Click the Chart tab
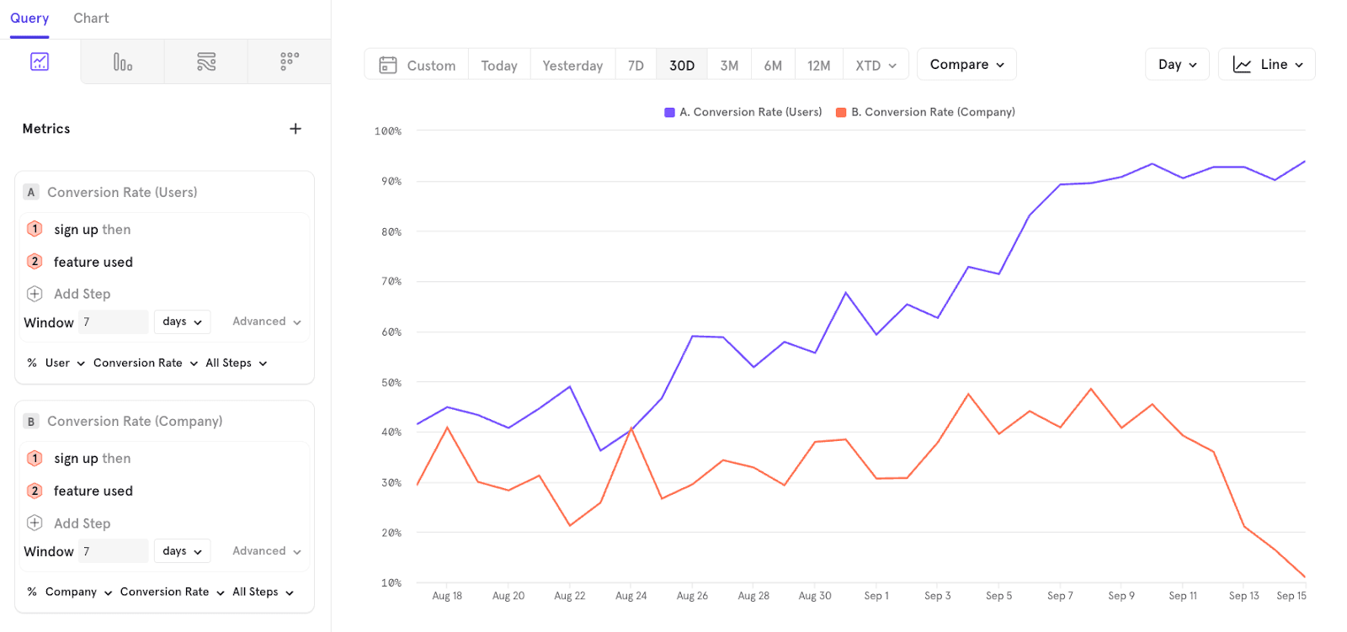click(91, 19)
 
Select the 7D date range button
click(636, 66)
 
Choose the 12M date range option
click(818, 66)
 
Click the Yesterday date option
click(572, 66)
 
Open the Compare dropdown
click(966, 65)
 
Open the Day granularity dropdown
click(1177, 65)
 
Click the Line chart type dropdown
click(1266, 65)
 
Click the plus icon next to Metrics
click(295, 129)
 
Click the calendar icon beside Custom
click(388, 65)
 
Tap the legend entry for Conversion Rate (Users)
click(743, 112)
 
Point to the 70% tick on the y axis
click(391, 281)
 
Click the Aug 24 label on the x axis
click(631, 596)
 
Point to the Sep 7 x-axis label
click(1060, 596)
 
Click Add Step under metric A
click(82, 294)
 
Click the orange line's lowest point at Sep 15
click(1305, 577)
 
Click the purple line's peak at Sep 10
click(1152, 164)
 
